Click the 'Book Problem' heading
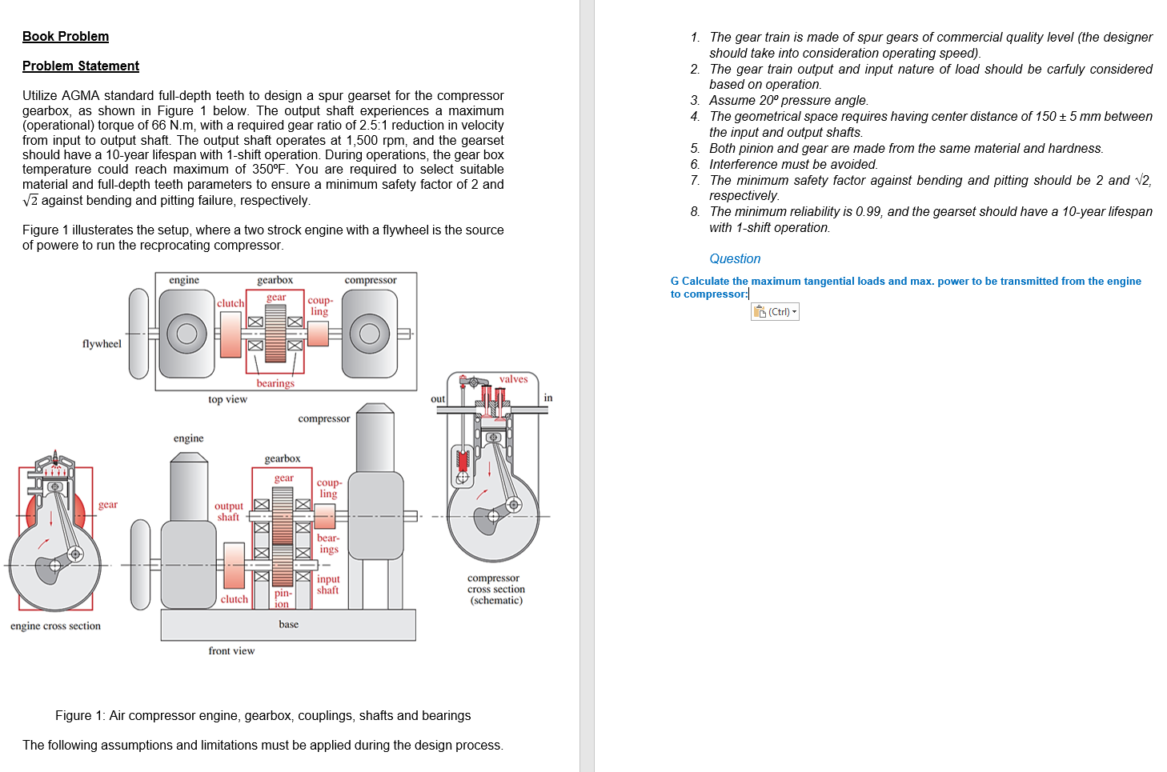pos(66,37)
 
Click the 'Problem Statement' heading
pos(81,66)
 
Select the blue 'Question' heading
pos(734,259)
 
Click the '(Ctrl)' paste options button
pos(775,312)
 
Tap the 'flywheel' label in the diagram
pos(102,344)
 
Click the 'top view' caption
pos(227,399)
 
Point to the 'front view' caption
pos(231,651)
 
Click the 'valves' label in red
pos(513,379)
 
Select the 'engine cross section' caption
pos(55,626)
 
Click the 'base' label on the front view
pos(288,625)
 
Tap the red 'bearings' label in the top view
pos(275,383)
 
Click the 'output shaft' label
pos(228,512)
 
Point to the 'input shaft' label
pos(328,585)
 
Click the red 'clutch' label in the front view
pos(234,599)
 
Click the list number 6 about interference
pos(695,165)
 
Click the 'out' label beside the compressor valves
pos(438,399)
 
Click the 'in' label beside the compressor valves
pos(548,398)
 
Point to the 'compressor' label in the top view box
pos(370,280)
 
